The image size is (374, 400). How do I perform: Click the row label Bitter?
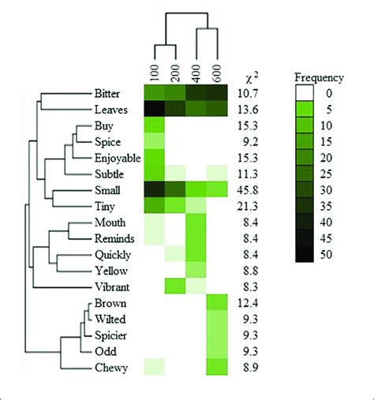[122, 92]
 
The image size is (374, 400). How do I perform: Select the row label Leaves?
[122, 109]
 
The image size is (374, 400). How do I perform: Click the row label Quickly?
[119, 254]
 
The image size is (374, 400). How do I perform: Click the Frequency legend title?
[318, 78]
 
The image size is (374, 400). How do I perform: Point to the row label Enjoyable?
[115, 157]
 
